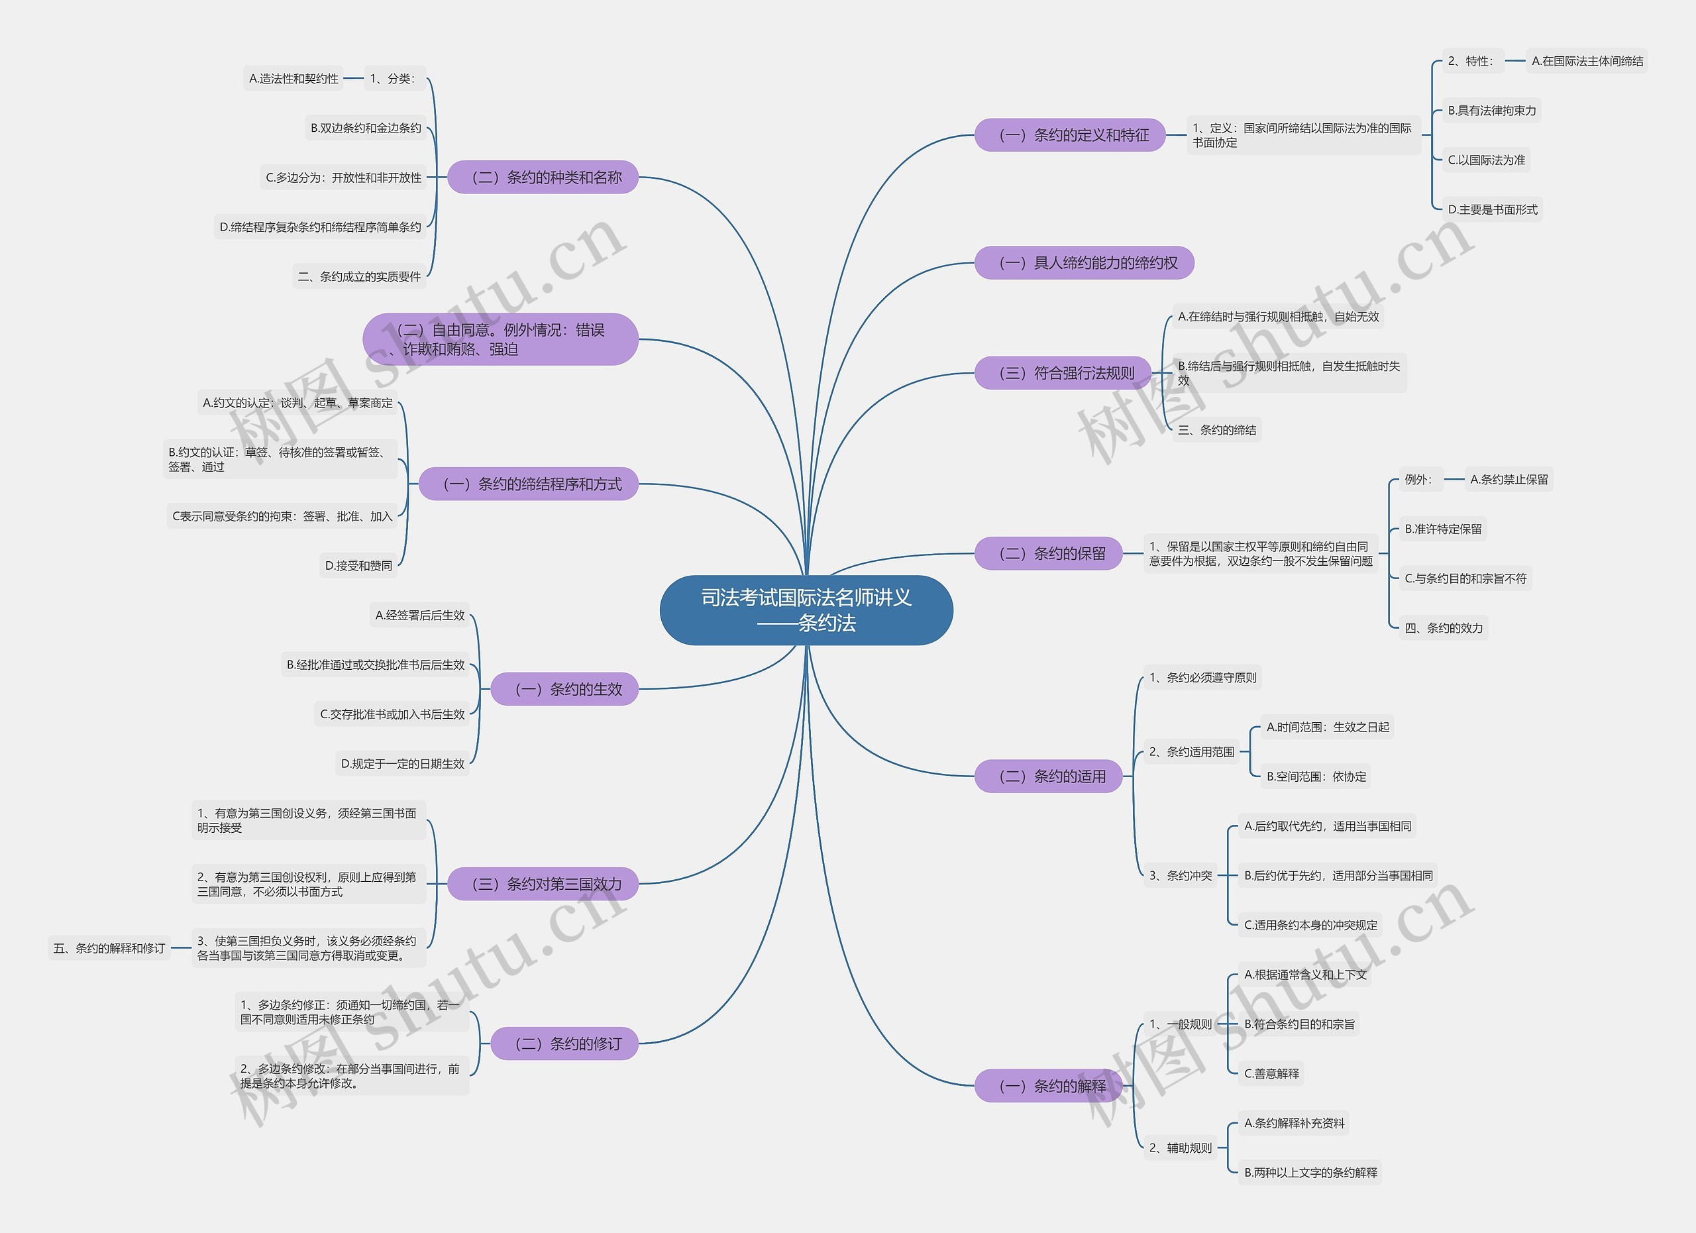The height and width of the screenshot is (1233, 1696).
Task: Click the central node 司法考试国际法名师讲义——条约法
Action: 806,610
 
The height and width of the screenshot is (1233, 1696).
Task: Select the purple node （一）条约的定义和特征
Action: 1069,134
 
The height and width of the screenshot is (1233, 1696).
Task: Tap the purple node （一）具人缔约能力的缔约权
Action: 1084,262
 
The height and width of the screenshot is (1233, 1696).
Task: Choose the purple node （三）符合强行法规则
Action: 1063,372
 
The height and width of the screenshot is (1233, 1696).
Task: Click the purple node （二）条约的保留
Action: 1049,553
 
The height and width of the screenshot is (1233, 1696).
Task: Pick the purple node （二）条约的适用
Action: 1049,776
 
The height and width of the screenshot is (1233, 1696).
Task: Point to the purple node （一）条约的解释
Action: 1049,1086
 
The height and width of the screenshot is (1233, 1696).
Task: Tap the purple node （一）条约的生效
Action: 564,688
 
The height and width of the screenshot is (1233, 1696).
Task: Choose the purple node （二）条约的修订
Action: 564,1043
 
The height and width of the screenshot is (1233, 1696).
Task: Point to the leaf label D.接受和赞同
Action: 358,565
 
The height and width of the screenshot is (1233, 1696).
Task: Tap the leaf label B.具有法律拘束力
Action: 1491,111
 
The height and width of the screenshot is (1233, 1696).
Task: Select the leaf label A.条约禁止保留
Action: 1509,479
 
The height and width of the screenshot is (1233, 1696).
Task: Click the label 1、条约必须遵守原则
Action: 1202,677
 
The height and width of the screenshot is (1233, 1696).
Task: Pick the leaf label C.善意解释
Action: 1271,1073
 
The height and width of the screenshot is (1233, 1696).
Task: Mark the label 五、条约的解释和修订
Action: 109,948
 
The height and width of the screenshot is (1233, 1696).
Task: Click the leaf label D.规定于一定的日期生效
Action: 402,763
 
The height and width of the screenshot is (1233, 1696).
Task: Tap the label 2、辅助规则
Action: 1180,1148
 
